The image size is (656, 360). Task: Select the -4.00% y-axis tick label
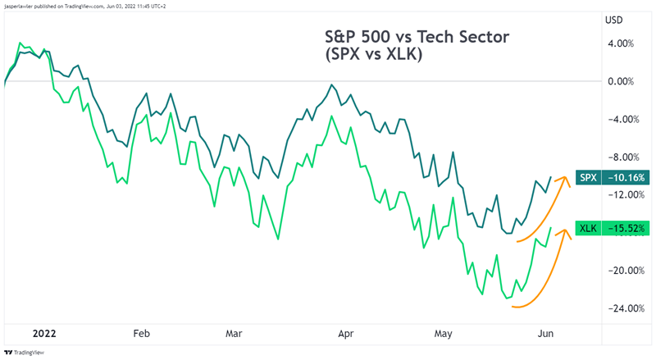(x=620, y=119)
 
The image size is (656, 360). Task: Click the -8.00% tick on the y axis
(x=620, y=157)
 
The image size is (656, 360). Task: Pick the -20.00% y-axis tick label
(x=618, y=271)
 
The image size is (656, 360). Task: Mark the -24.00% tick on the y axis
(x=618, y=308)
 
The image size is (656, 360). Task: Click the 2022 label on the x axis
(x=45, y=334)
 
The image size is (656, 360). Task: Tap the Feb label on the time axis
(x=141, y=334)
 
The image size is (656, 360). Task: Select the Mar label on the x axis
(x=235, y=334)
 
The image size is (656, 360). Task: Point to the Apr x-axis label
(x=345, y=334)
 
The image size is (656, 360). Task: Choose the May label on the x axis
(x=444, y=334)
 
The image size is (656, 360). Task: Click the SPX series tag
(x=588, y=177)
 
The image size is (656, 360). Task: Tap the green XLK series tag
(x=588, y=228)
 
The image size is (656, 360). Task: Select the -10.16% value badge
(x=625, y=177)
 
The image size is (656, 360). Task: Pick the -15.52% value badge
(x=625, y=228)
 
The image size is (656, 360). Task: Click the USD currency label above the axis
(x=613, y=19)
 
